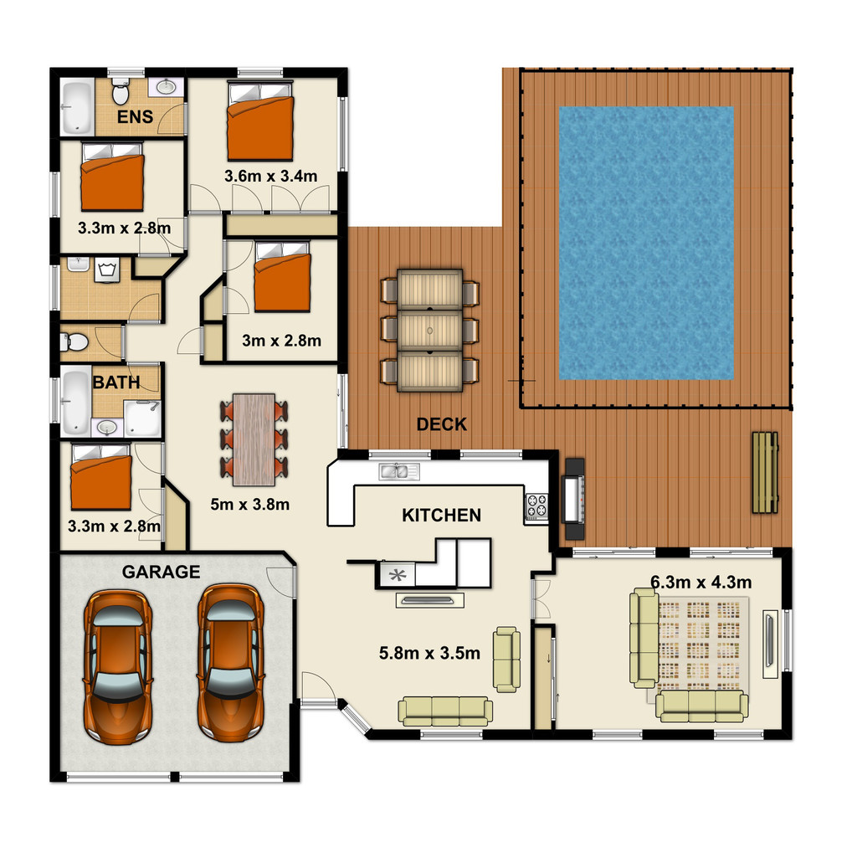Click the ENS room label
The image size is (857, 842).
pos(135,117)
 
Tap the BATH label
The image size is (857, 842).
pos(116,382)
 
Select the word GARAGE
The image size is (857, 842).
pos(161,572)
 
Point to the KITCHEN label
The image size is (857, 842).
pos(442,515)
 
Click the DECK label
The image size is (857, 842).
pos(442,424)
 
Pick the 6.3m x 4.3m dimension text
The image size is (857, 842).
pos(700,583)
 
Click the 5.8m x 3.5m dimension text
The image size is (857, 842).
pos(429,653)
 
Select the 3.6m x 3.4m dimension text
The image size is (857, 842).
pos(270,176)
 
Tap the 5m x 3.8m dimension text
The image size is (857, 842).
pos(249,504)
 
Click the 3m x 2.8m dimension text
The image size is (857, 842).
pos(281,341)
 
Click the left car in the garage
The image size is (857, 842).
pos(117,666)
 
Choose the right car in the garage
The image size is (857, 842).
pos(231,663)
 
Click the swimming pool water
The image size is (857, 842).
pos(646,244)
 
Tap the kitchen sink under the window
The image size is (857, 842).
pos(399,471)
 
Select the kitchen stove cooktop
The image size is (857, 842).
pos(536,506)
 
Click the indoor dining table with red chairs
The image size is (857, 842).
pos(254,439)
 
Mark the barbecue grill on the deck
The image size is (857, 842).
pos(574,499)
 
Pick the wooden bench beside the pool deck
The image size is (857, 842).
pos(765,472)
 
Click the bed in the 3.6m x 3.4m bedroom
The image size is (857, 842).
pos(260,121)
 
